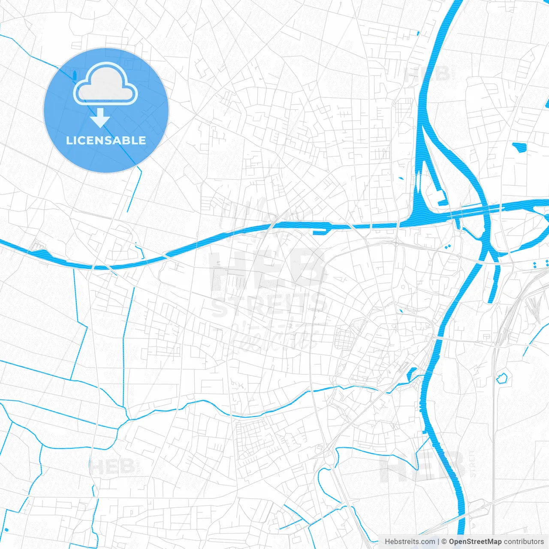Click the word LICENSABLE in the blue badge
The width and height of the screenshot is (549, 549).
point(106,141)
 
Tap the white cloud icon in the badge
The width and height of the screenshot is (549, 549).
point(106,84)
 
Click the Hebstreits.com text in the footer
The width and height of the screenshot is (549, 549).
point(410,542)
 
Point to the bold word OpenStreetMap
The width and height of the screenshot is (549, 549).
point(475,542)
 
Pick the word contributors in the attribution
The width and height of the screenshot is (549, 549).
point(524,542)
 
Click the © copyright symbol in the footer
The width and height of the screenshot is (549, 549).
point(444,542)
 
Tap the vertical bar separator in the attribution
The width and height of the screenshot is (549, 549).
point(438,542)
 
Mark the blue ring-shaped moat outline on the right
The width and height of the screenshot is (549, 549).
point(501,378)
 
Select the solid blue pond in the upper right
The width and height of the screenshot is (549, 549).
point(520,147)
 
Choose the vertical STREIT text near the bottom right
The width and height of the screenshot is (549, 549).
point(472,464)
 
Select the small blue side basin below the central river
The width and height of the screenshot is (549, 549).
point(320,232)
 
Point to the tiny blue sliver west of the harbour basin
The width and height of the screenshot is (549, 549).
point(401,178)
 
